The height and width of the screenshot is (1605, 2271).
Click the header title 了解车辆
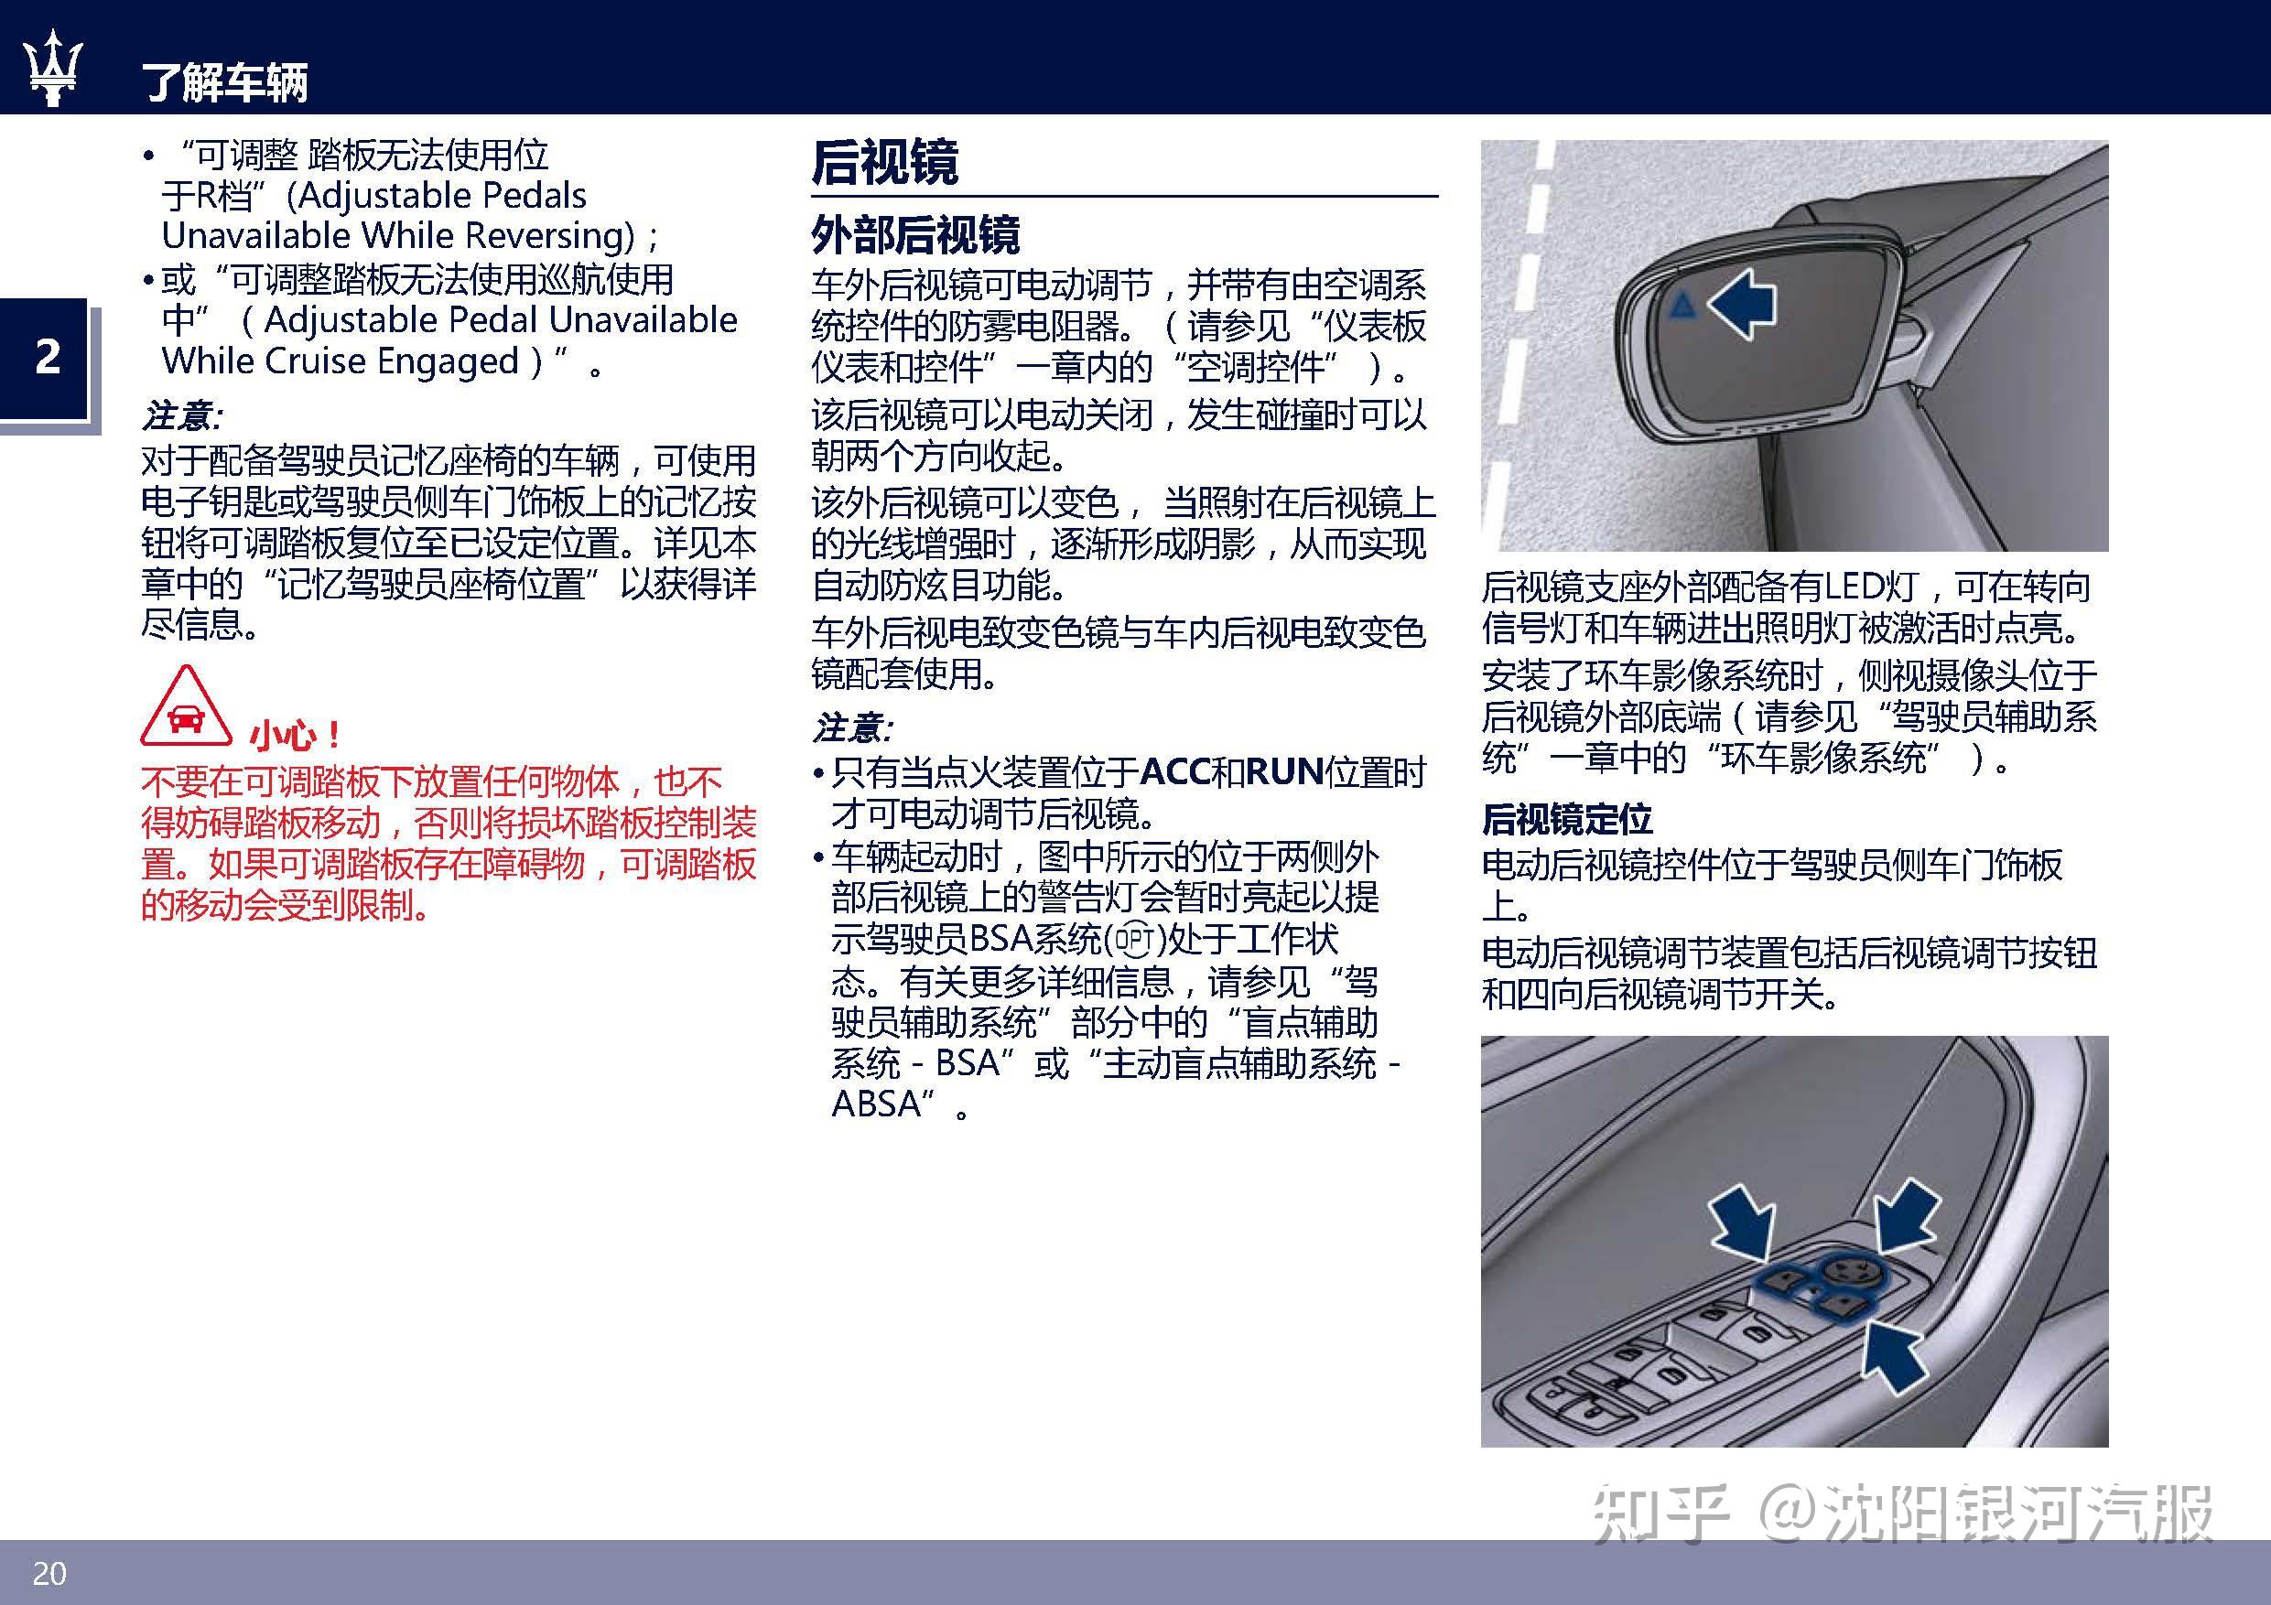click(225, 82)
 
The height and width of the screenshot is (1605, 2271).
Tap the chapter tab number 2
click(48, 356)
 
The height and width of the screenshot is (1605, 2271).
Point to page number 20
click(49, 1572)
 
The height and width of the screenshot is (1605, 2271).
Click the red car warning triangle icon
click(186, 707)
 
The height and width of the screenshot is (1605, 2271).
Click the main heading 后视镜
click(885, 162)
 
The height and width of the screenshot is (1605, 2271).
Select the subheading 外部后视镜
click(915, 235)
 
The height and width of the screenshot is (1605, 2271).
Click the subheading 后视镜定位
click(1567, 819)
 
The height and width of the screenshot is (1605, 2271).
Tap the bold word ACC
click(1175, 771)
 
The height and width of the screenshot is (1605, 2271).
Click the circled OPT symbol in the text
click(1134, 939)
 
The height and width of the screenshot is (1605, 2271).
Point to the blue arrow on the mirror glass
click(1742, 304)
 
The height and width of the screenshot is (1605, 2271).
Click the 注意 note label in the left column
click(181, 415)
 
